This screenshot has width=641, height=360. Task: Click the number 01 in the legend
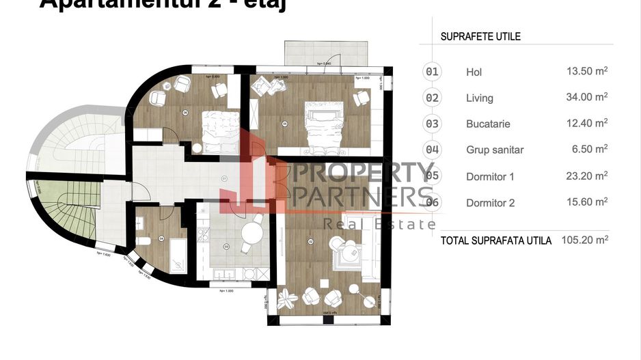click(433, 72)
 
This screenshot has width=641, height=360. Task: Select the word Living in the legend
click(479, 98)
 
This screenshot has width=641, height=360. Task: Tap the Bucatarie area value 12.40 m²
click(586, 124)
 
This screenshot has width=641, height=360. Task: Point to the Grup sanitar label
click(495, 150)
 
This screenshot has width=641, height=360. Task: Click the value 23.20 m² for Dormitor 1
click(586, 176)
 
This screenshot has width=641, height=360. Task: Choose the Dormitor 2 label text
click(490, 202)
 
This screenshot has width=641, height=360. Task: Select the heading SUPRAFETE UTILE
click(480, 36)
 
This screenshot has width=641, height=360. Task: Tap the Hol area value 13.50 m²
click(586, 72)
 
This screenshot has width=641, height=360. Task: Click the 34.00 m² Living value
click(586, 98)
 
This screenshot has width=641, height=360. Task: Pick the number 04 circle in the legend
click(433, 150)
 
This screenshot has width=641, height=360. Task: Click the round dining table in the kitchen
click(251, 234)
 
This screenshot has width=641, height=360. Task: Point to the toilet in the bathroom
click(144, 240)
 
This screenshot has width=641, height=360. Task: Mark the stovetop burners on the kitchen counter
click(203, 234)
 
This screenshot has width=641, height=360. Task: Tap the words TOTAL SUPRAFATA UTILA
click(495, 240)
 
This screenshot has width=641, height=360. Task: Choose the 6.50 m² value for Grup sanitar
click(590, 150)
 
